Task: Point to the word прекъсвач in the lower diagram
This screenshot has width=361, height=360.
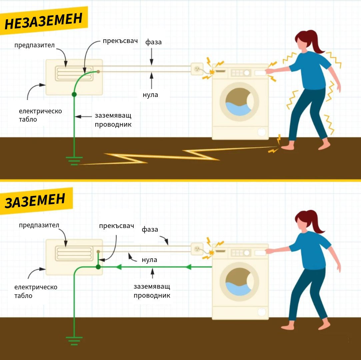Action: point(116,226)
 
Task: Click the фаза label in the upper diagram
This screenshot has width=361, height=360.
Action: point(153,42)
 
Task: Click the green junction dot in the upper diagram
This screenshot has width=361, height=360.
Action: point(74,95)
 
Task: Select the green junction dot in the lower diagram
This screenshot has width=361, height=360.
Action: point(98,267)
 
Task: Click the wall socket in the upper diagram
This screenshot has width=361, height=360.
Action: point(197,69)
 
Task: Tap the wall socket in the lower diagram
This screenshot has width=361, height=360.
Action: point(197,249)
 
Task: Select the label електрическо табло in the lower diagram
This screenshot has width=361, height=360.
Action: point(36,291)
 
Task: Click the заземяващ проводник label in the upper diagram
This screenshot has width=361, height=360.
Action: point(113,120)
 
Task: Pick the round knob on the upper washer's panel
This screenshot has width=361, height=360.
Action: point(247,73)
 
